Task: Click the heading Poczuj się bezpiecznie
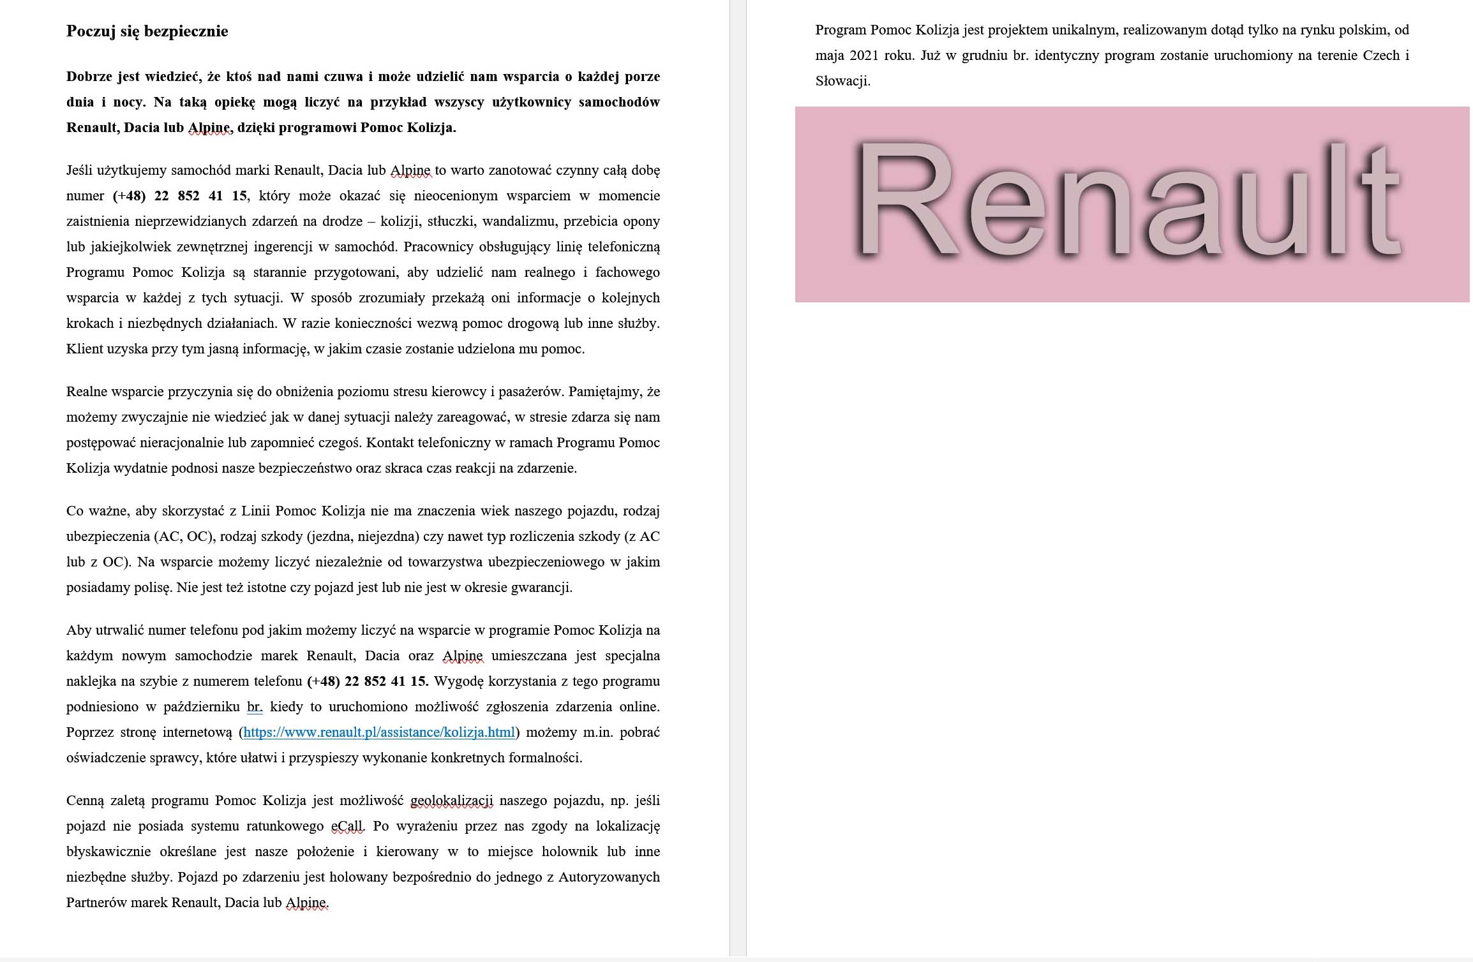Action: tap(147, 31)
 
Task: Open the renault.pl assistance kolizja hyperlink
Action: tap(379, 732)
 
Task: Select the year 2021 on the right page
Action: tap(864, 56)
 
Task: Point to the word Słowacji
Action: tap(842, 81)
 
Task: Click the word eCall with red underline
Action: tap(348, 826)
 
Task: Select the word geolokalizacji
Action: tap(452, 801)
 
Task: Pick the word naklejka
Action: tap(91, 681)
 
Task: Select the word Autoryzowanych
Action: tap(609, 877)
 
